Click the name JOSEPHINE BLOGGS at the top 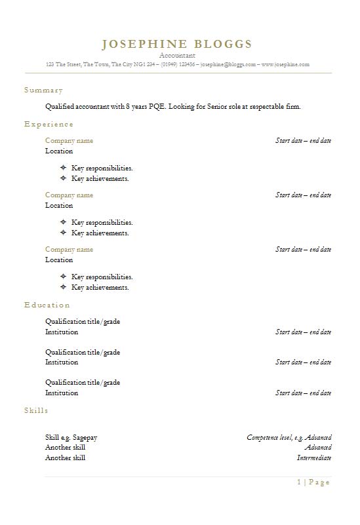[x=177, y=45]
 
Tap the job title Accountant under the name [x=177, y=56]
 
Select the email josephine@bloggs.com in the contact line [x=228, y=65]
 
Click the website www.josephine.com [x=285, y=65]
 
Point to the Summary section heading [x=43, y=90]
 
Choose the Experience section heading [x=49, y=124]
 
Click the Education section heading [x=47, y=305]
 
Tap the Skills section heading [x=36, y=410]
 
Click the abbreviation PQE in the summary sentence [x=153, y=106]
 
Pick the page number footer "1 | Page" [x=313, y=482]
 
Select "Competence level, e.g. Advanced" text [x=289, y=437]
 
